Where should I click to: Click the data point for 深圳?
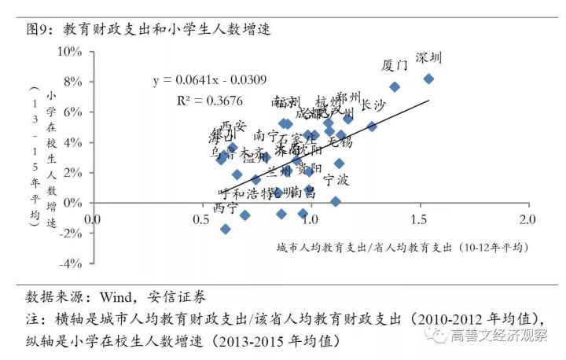pyautogui.click(x=428, y=79)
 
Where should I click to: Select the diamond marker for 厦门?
pyautogui.click(x=395, y=86)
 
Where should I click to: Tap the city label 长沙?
pyautogui.click(x=373, y=105)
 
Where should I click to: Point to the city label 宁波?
pyautogui.click(x=336, y=180)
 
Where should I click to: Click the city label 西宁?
pyautogui.click(x=226, y=208)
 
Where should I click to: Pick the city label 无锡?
pyautogui.click(x=340, y=142)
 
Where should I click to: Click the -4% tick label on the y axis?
pyautogui.click(x=71, y=263)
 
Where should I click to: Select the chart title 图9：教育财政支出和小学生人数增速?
pyautogui.click(x=149, y=29)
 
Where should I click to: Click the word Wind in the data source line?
pyautogui.click(x=116, y=298)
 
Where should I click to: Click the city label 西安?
pyautogui.click(x=233, y=125)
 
